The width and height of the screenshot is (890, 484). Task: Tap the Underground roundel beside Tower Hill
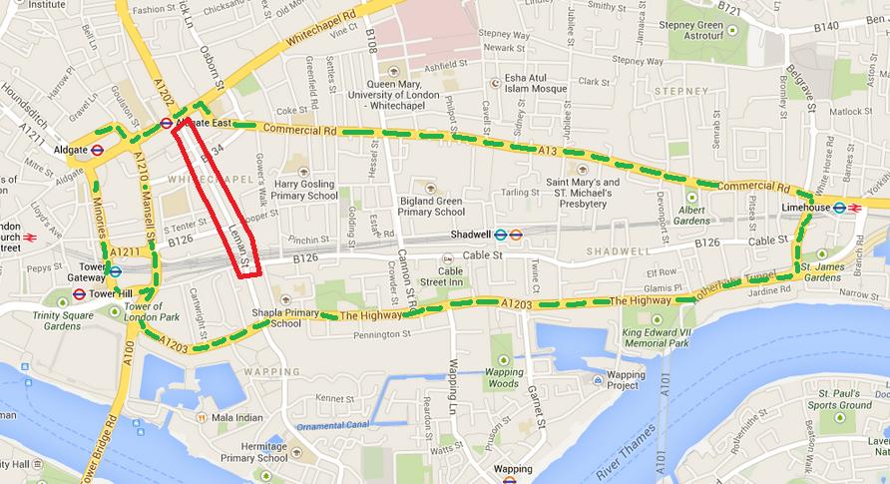pos(79,294)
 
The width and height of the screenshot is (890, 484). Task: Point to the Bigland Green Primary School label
pos(431,206)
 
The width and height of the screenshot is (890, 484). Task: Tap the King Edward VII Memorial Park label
pos(656,336)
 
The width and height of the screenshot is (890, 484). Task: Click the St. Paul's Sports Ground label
pos(839,399)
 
